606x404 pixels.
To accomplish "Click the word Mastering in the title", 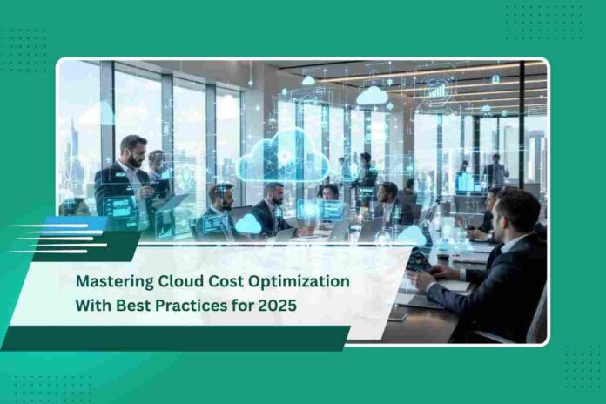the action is click(x=115, y=281).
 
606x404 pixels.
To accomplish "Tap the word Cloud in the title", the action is click(x=181, y=280).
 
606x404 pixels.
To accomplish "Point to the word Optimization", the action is click(x=299, y=281).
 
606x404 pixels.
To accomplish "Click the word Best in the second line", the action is click(x=134, y=305).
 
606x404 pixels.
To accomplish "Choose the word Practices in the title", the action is click(x=192, y=305).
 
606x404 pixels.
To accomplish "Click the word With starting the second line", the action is click(x=94, y=305).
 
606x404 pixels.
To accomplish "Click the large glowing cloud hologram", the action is click(x=283, y=157).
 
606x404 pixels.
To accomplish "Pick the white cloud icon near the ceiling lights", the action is click(x=372, y=96).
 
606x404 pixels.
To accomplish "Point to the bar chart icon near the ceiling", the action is click(x=437, y=91).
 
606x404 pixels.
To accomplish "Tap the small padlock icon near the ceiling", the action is click(x=495, y=79).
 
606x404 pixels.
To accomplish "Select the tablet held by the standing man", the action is click(x=171, y=202).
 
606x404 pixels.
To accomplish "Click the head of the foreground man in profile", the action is click(x=516, y=212).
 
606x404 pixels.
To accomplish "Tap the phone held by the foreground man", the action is click(x=419, y=260).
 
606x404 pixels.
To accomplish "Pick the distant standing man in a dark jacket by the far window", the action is click(x=495, y=171).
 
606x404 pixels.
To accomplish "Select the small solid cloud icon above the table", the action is click(x=248, y=224).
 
